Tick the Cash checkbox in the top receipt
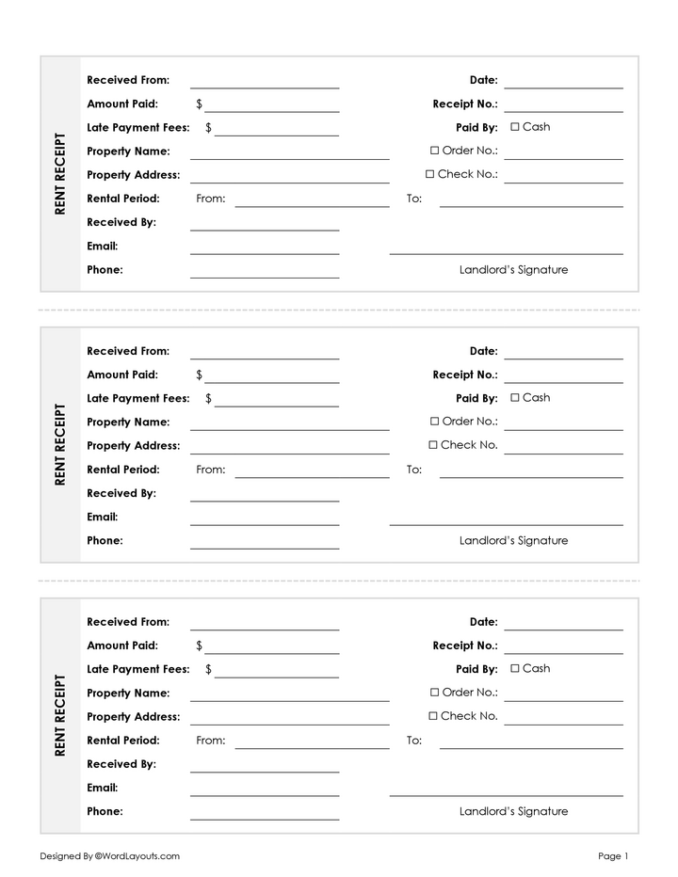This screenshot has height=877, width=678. click(x=515, y=127)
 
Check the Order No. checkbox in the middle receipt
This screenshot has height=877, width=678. click(x=435, y=422)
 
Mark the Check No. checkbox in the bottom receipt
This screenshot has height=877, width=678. click(x=433, y=716)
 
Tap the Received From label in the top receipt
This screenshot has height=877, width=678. click(x=128, y=80)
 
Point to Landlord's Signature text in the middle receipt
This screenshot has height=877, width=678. click(x=513, y=541)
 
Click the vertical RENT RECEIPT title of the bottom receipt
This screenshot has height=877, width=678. click(x=60, y=715)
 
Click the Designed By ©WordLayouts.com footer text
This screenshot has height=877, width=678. click(x=109, y=856)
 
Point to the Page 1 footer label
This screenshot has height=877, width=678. click(x=612, y=856)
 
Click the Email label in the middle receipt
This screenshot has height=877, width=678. click(x=103, y=517)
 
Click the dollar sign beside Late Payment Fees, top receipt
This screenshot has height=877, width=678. click(x=208, y=128)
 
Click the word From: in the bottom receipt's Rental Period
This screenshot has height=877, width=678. click(x=211, y=741)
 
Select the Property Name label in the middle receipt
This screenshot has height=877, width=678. click(x=128, y=423)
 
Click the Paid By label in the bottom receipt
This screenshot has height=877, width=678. click(x=476, y=670)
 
